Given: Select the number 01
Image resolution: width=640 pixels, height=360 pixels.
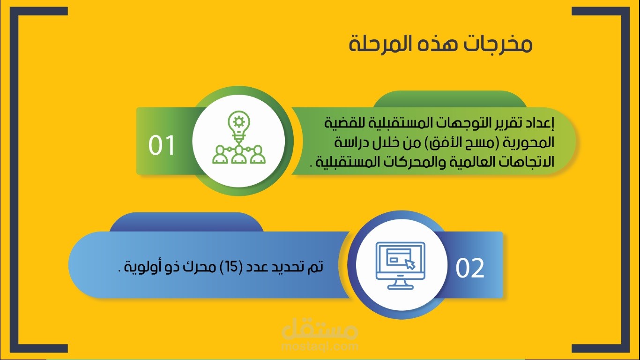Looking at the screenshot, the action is coord(162,145).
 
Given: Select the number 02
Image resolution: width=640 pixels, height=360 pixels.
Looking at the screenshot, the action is coord(470,268).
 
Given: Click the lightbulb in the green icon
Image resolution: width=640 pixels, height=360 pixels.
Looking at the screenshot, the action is coord(238,126).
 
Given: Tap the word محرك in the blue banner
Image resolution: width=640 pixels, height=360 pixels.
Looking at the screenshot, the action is coord(202,267).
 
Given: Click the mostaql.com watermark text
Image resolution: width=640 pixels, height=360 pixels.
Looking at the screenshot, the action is coord(320,346).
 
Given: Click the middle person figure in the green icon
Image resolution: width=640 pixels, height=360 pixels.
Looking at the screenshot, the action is coord(238,155).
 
